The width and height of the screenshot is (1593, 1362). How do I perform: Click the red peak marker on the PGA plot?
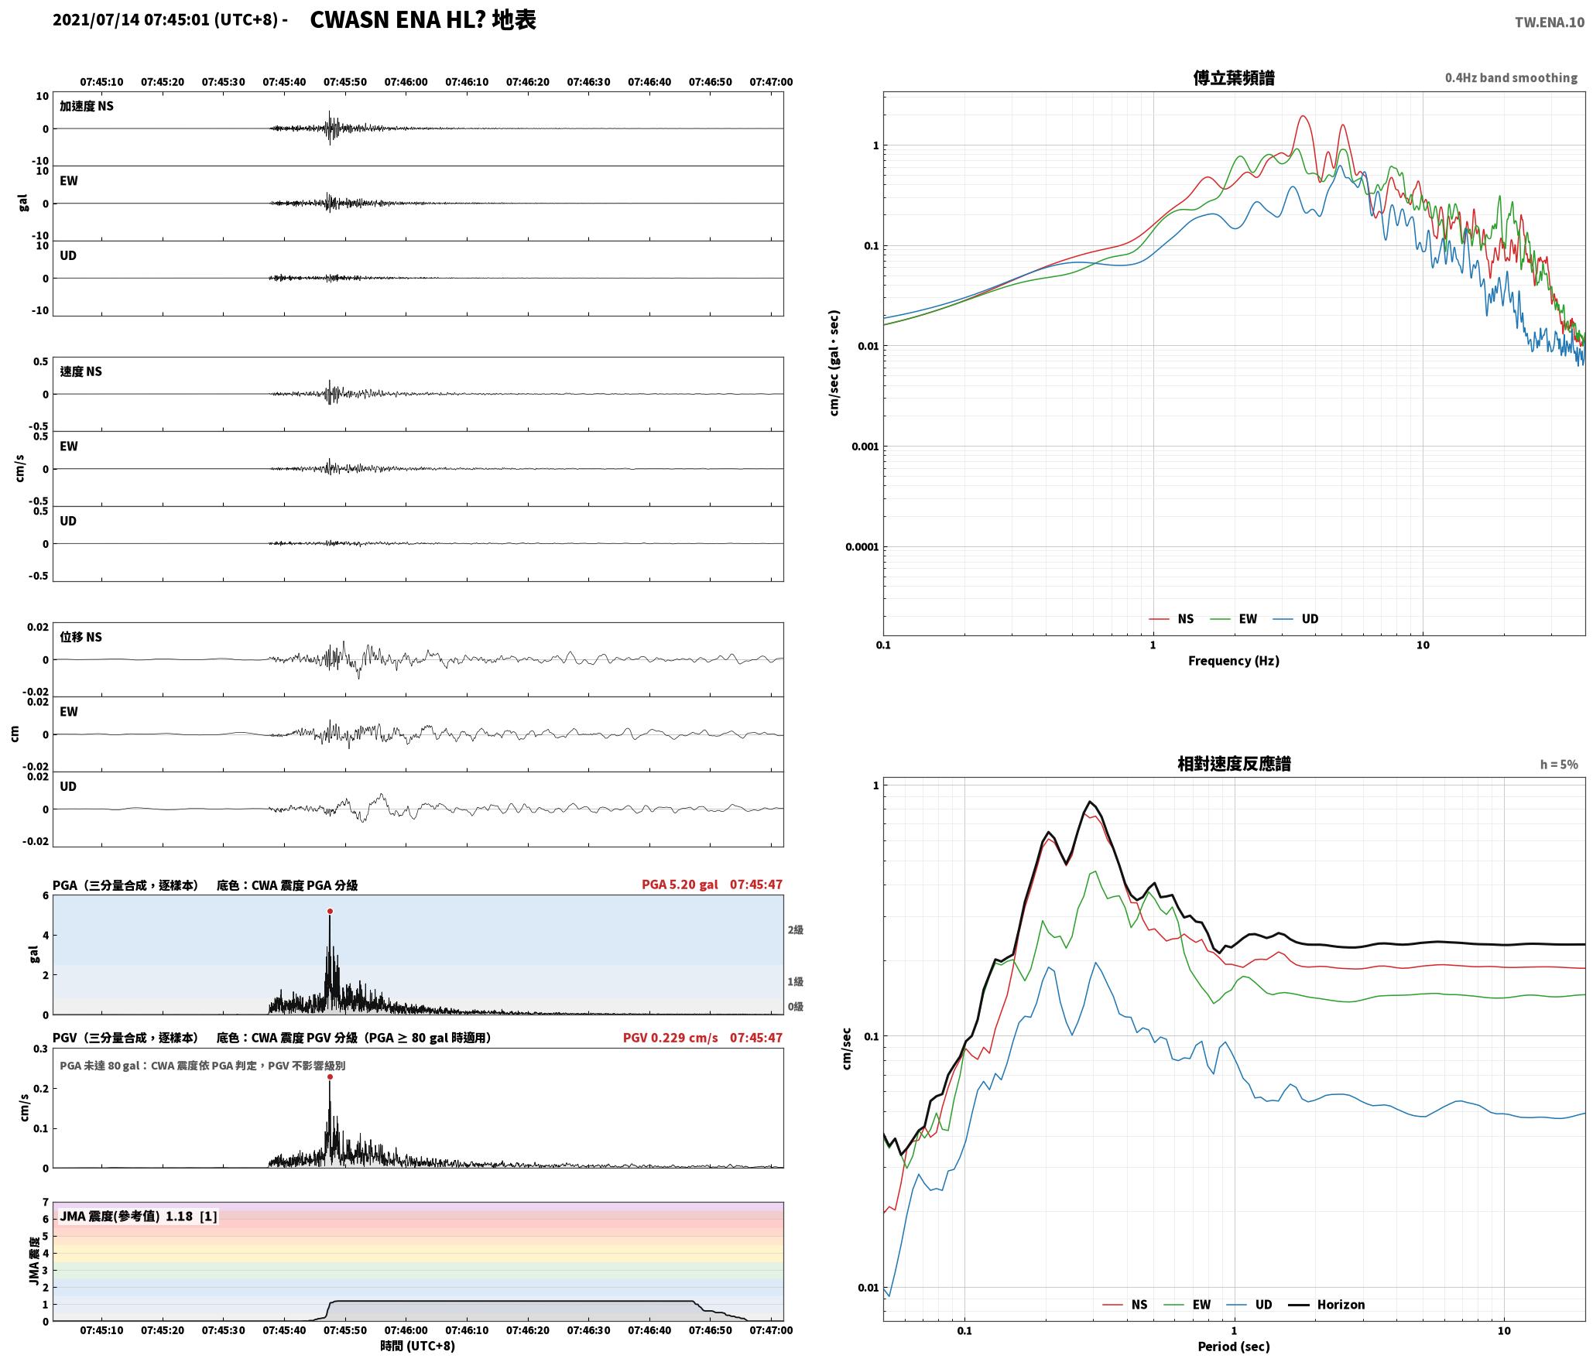point(330,912)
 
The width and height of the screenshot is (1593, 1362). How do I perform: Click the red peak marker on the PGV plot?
point(330,1076)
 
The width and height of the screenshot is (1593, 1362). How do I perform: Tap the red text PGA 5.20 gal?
point(680,885)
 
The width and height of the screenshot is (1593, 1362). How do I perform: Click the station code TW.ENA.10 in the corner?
point(1550,22)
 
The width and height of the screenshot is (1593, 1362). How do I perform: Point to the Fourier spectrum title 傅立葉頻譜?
point(1234,78)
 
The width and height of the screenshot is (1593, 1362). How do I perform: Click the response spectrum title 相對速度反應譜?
point(1234,764)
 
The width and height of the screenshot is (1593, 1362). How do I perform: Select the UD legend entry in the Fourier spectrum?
point(1297,618)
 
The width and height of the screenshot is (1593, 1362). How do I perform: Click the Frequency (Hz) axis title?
point(1234,661)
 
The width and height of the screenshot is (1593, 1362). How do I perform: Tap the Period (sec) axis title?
point(1234,1347)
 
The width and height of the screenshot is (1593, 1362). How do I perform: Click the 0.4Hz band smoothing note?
point(1511,78)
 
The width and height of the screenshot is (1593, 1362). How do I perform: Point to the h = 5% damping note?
point(1559,765)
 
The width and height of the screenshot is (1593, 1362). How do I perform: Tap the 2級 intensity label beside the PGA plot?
point(795,929)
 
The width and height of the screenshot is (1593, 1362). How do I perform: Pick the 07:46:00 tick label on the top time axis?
point(406,82)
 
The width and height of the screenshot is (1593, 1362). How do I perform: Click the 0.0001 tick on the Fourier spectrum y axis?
point(861,547)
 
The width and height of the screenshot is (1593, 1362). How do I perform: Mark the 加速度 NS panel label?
point(87,106)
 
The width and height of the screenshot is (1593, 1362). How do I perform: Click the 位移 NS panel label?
point(81,637)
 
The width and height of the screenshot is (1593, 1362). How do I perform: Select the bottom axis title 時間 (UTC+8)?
point(417,1346)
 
